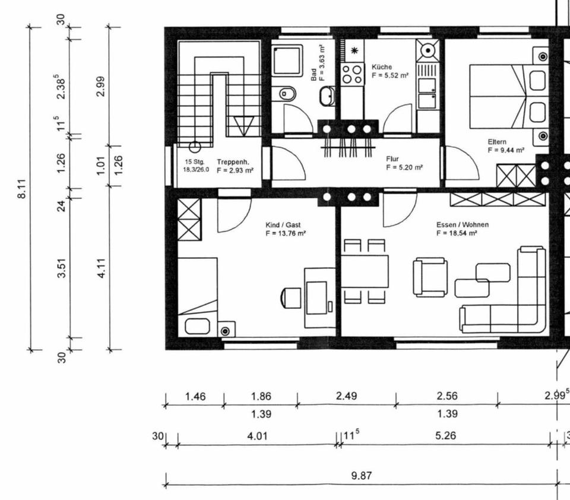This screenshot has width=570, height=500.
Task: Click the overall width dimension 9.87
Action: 362,476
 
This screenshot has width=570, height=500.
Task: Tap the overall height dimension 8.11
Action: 22,189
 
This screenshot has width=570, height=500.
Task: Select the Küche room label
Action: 382,67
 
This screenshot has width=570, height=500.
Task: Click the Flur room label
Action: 392,159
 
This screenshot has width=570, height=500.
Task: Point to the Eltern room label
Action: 497,142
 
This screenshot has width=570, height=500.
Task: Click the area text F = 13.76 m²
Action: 286,233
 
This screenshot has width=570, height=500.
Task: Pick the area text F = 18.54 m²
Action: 457,233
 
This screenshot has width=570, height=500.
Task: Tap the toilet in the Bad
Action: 287,94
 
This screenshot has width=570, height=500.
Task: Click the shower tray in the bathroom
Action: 287,61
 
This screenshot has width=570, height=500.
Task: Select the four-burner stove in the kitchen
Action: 352,74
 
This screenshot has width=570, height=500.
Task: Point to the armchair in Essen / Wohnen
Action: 430,277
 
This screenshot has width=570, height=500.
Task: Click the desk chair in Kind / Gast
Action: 290,298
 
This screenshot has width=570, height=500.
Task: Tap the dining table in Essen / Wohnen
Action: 365,271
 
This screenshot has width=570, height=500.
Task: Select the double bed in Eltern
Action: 498,97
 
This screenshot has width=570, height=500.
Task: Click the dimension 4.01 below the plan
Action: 257,436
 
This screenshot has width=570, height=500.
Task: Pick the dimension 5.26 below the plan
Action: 445,436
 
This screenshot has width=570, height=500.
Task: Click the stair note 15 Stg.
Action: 195,162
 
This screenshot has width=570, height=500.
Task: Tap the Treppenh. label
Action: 233,162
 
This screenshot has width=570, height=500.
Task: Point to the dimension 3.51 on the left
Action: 62,268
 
